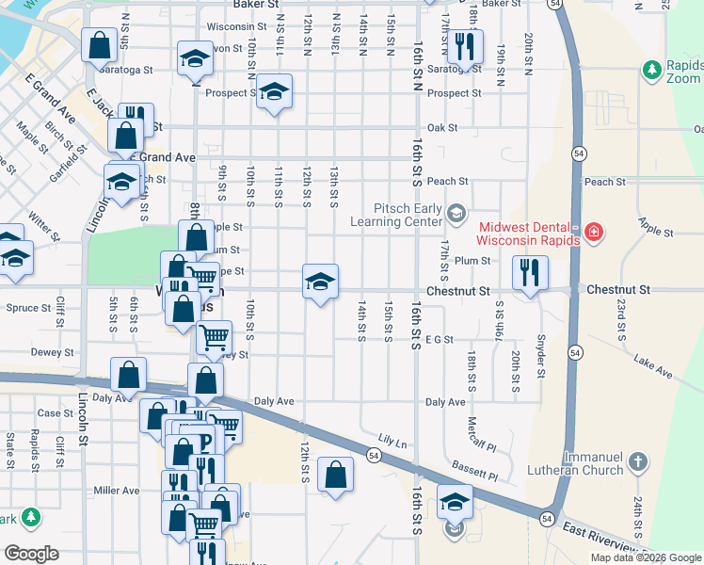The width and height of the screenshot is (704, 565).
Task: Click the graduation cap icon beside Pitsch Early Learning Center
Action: [x=456, y=212]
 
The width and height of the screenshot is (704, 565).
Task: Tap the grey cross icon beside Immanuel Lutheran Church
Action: [x=638, y=461]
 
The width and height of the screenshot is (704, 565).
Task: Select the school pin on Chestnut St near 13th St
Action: [x=320, y=282]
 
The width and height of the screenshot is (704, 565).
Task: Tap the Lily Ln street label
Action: [x=392, y=440]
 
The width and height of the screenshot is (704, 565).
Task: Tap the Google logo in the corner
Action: [x=32, y=554]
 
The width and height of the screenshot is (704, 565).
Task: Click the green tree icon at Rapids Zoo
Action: [x=651, y=69]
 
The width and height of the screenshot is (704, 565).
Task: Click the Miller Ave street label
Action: [x=117, y=491]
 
